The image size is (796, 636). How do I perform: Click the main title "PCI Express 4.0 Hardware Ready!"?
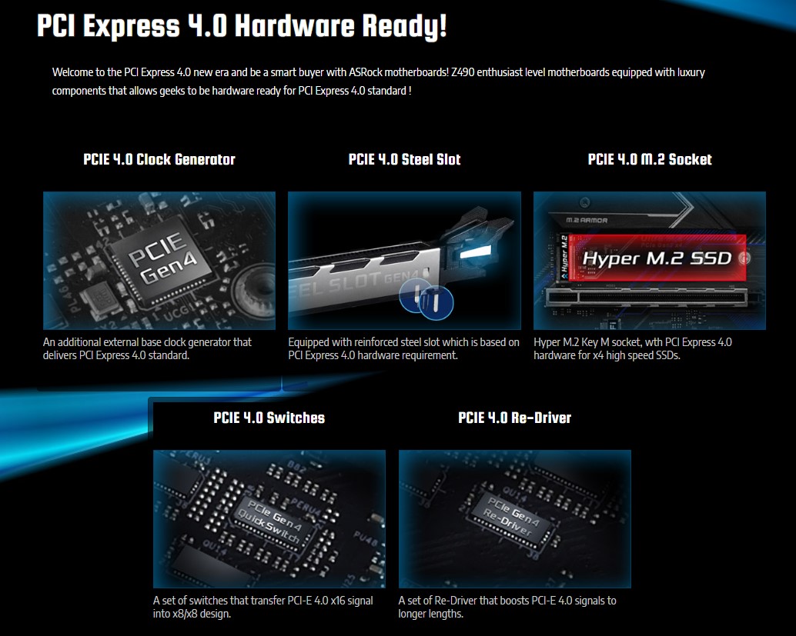242,26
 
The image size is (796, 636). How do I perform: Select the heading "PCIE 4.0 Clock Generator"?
159,159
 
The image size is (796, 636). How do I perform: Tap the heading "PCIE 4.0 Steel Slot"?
405,159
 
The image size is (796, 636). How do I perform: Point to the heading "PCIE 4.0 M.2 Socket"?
650,159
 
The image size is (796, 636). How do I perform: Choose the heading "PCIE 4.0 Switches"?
269,418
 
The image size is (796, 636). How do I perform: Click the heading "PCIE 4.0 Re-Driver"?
515,418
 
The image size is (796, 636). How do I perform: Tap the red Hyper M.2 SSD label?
657,258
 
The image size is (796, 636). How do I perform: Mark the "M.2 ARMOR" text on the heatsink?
587,220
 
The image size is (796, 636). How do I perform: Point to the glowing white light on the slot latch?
477,251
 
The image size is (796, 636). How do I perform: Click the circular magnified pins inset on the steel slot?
426,300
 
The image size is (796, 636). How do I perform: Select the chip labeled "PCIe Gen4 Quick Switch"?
270,521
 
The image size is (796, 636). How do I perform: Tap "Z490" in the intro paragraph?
463,72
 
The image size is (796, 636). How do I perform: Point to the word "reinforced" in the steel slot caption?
364,342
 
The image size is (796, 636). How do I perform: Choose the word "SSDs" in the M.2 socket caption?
667,355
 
